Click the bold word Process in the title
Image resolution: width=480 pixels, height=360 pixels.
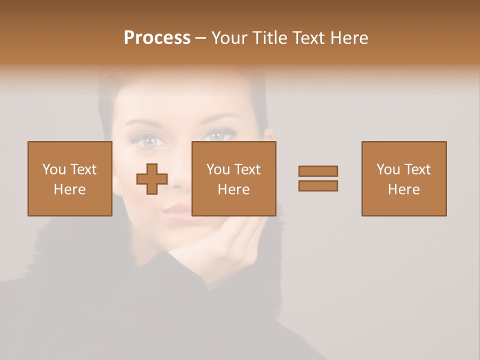157,38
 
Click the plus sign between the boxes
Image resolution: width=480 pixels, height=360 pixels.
152,179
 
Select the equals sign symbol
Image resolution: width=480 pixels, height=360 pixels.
318,178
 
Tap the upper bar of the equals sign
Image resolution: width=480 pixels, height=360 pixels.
318,171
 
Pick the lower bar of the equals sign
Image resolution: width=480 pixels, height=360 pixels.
318,185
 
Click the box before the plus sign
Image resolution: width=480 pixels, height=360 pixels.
70,178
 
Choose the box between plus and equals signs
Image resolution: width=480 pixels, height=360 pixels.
233,178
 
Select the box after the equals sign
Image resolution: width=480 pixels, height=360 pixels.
404,178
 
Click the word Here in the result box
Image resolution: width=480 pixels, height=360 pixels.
404,189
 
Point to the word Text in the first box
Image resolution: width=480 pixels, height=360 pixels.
83,169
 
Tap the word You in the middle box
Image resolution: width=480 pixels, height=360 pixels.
218,169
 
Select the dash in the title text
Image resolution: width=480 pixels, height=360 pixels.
201,38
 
